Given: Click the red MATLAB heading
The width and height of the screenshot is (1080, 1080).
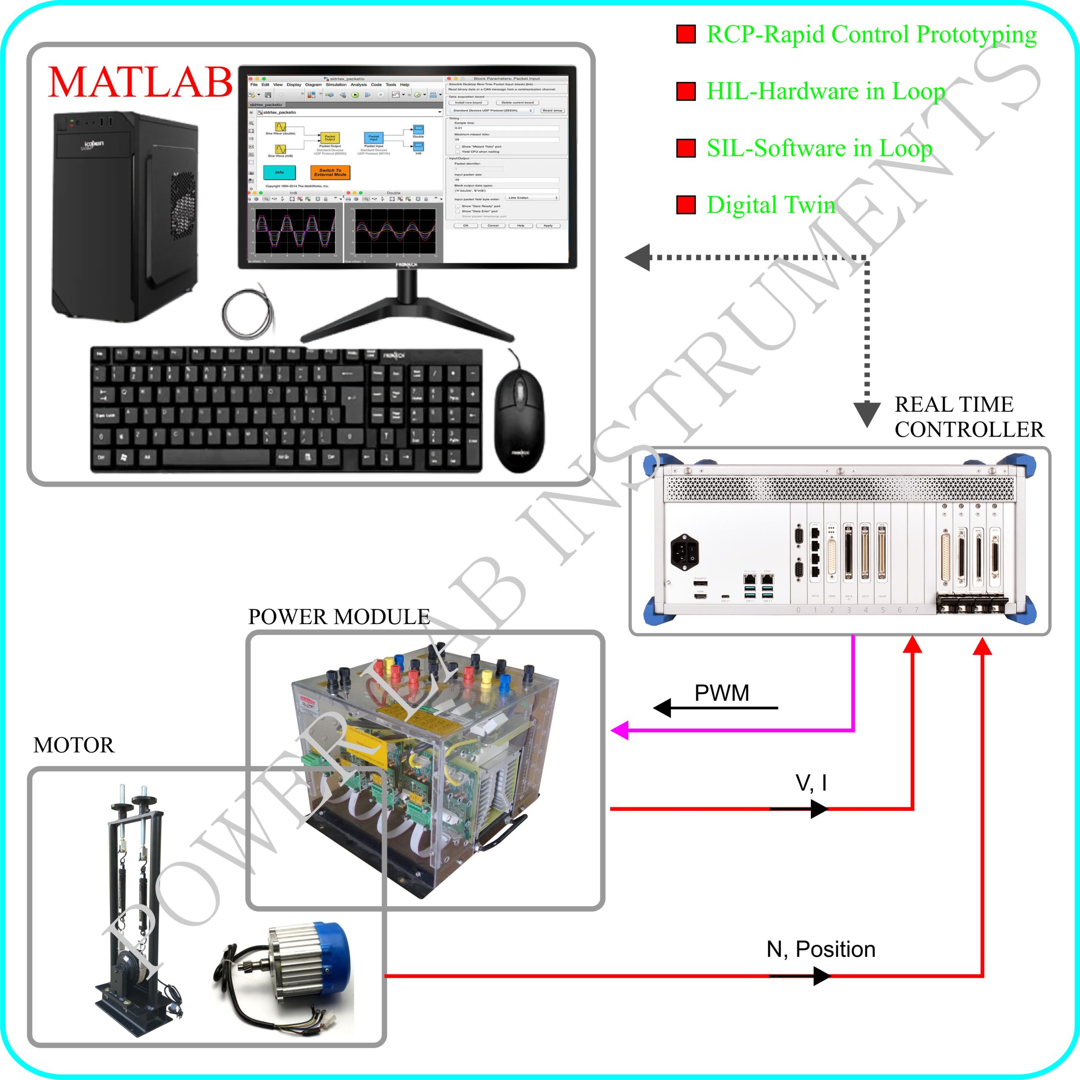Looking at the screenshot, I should click(x=140, y=82).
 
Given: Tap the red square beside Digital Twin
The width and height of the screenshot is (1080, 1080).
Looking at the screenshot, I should click(x=686, y=205).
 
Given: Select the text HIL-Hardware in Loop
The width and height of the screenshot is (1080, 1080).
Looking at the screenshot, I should click(x=826, y=91).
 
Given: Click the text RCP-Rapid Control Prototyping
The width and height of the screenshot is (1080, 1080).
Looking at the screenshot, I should click(x=871, y=35).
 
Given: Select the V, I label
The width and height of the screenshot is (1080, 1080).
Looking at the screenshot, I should click(x=810, y=783).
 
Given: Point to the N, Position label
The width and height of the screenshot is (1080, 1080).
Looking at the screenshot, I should click(x=821, y=949).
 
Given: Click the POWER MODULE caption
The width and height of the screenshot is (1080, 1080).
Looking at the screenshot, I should click(x=339, y=617).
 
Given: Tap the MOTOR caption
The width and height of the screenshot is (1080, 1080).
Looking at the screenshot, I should click(x=74, y=745).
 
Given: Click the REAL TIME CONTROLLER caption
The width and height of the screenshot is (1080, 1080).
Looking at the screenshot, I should click(x=969, y=417).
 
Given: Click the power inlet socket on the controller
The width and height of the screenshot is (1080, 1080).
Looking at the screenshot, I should click(x=685, y=552).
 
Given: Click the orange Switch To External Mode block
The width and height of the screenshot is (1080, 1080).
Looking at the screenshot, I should click(x=330, y=173).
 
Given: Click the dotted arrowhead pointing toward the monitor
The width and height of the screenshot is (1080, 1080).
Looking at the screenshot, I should click(x=638, y=258).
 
